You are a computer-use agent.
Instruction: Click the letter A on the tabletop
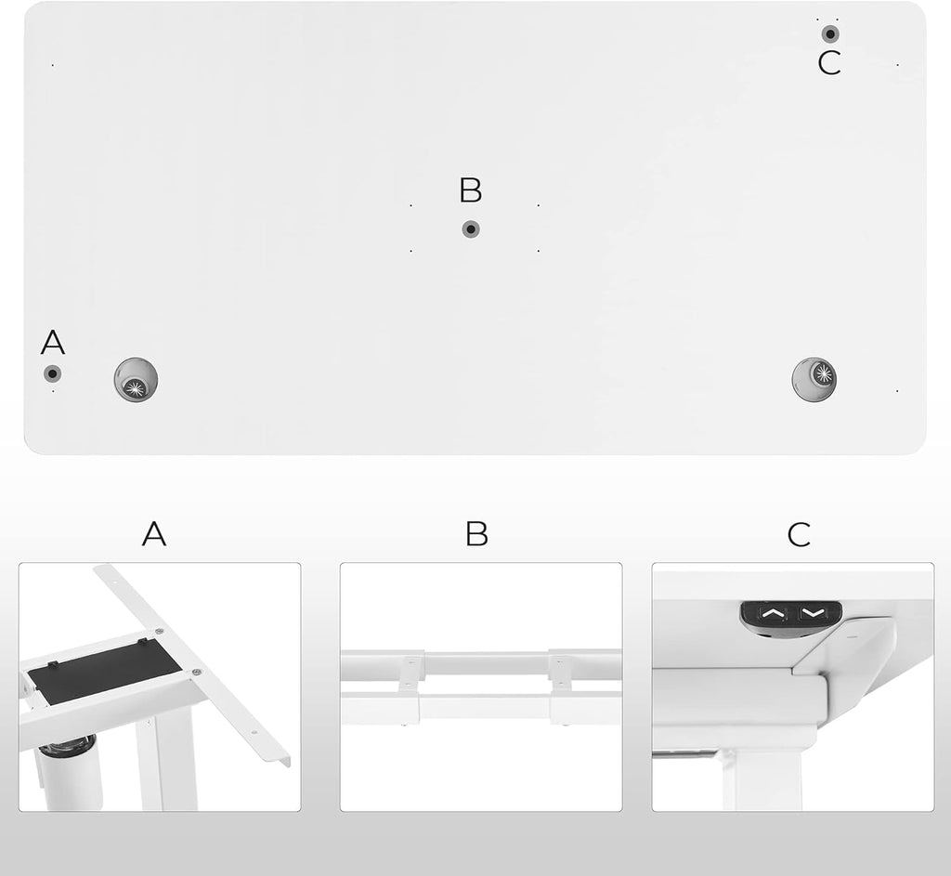point(53,343)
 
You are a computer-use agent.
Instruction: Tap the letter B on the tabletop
point(471,190)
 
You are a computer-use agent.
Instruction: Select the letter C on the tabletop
point(829,64)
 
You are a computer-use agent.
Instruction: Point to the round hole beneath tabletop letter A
point(53,373)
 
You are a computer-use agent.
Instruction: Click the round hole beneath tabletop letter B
point(471,229)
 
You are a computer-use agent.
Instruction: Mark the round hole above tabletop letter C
point(829,34)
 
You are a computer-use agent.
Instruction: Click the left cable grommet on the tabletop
point(137,380)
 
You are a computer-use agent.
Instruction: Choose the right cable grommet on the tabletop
point(814,377)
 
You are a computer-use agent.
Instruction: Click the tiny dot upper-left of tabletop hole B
point(410,205)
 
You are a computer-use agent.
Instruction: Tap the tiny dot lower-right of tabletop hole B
point(538,250)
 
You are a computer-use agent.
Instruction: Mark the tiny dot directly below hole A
point(53,391)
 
